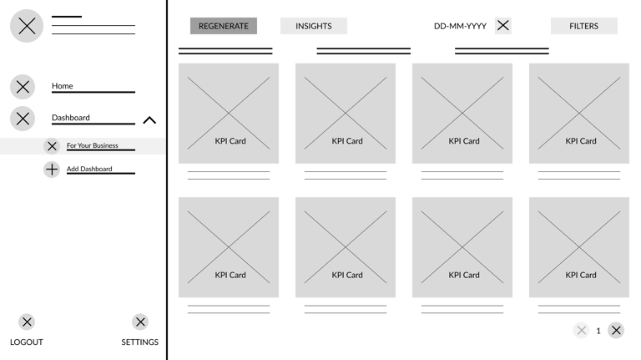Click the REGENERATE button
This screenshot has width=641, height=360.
click(x=224, y=26)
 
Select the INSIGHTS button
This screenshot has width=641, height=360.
click(x=314, y=26)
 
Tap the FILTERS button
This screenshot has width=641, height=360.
click(x=583, y=26)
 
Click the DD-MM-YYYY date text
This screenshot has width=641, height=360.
click(x=460, y=26)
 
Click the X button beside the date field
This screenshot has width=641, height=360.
click(x=502, y=26)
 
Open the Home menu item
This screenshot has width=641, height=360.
click(x=62, y=86)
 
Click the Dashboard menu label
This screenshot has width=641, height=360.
click(x=71, y=118)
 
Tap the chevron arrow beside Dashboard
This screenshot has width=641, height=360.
click(x=149, y=120)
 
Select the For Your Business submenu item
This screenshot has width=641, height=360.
click(x=93, y=145)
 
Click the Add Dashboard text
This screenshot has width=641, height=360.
click(x=89, y=169)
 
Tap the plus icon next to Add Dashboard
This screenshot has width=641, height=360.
click(x=52, y=170)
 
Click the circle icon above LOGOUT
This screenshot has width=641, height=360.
click(x=27, y=322)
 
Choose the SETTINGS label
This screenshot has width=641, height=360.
click(x=140, y=342)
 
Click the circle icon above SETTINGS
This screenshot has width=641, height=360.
click(x=140, y=322)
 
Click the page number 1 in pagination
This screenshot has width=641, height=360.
click(x=598, y=331)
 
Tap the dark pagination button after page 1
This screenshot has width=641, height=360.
click(x=616, y=331)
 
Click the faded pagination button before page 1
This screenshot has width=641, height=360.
click(x=581, y=331)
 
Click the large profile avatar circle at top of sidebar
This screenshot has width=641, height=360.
click(x=27, y=26)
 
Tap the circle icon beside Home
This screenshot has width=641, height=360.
click(x=23, y=87)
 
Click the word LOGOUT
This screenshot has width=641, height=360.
click(x=27, y=342)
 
